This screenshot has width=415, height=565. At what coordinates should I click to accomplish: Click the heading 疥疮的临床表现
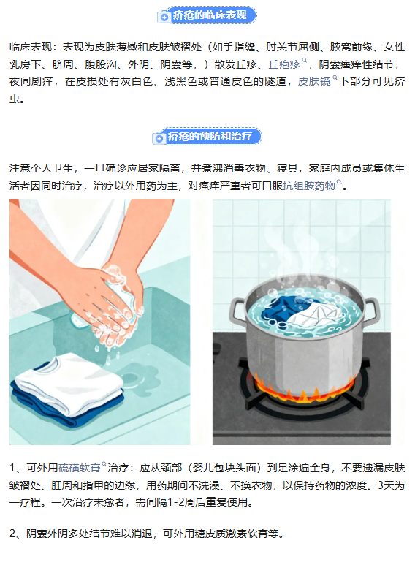[x=210, y=15]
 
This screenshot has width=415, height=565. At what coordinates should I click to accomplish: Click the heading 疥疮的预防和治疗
[x=210, y=137]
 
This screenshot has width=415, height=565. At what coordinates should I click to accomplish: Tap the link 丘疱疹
[x=284, y=64]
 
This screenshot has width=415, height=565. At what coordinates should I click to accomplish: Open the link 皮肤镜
[x=314, y=81]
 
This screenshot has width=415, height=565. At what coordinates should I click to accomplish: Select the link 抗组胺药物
[x=309, y=186]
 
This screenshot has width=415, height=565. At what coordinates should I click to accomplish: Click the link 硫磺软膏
[x=79, y=468]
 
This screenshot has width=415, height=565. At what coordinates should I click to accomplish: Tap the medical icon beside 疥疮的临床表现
[x=164, y=17]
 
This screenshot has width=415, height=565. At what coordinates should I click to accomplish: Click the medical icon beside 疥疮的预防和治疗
[x=159, y=138]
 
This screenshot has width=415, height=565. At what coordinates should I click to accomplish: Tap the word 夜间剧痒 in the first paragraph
[x=31, y=81]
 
